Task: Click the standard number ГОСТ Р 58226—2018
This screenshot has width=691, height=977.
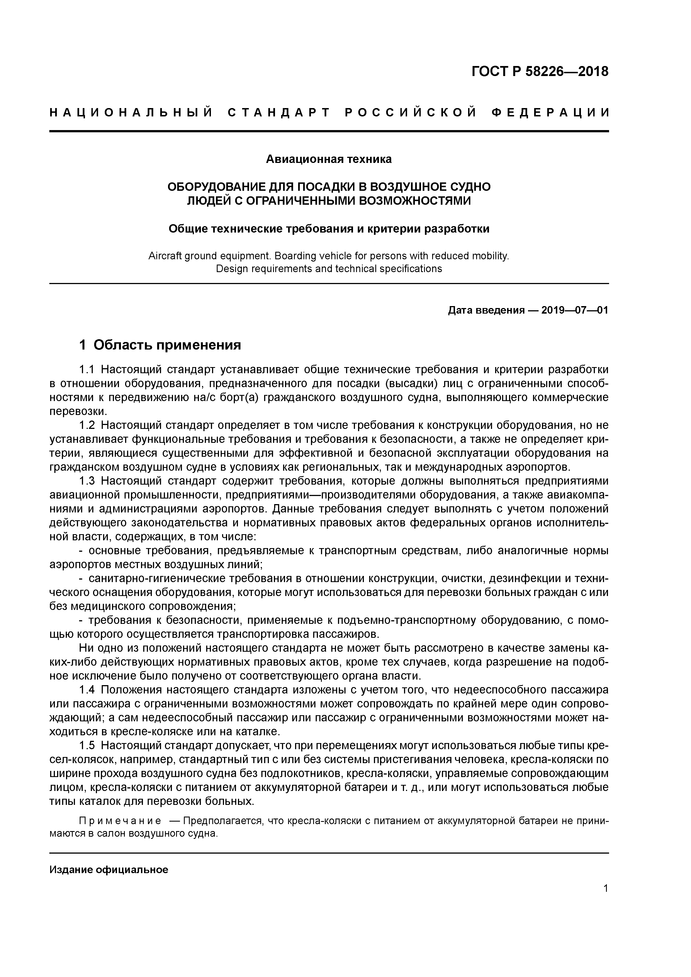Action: (540, 72)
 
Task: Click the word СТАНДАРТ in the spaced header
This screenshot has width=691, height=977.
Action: (279, 113)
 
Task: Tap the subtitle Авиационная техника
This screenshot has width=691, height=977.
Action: (329, 159)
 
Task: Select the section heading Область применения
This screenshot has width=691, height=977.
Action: (167, 345)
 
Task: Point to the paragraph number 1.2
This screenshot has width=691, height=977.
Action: (89, 425)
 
